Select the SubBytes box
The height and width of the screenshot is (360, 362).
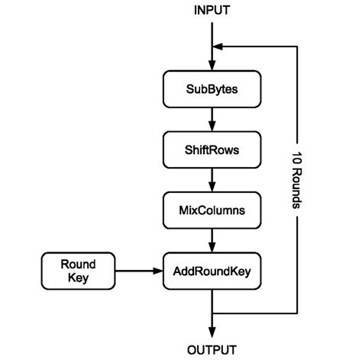pyautogui.click(x=212, y=89)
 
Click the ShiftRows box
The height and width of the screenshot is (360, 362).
pyautogui.click(x=212, y=149)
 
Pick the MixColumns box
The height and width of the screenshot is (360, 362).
pyautogui.click(x=212, y=208)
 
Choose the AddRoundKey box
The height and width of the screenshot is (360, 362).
pyautogui.click(x=212, y=269)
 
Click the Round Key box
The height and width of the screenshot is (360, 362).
pyautogui.click(x=78, y=269)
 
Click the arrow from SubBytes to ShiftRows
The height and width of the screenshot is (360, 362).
pyautogui.click(x=212, y=118)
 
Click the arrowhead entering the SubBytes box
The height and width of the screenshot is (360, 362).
pyautogui.click(x=212, y=66)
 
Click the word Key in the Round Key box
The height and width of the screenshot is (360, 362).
pyautogui.click(x=78, y=278)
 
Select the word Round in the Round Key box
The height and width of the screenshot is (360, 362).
pyautogui.click(x=78, y=262)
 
